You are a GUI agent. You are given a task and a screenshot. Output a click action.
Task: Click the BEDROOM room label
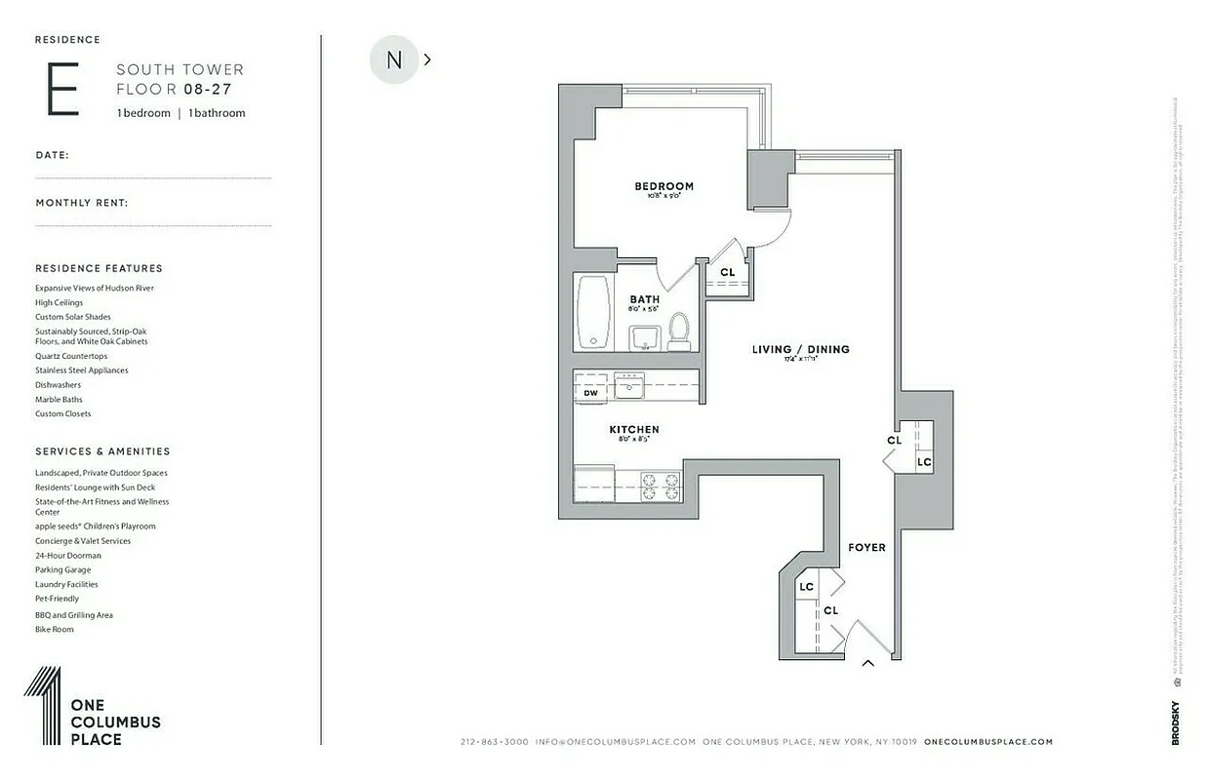coord(664,186)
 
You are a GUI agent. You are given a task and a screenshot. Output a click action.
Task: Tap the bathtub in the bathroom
coord(592,311)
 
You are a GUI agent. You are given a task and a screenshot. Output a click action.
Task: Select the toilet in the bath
coord(679,332)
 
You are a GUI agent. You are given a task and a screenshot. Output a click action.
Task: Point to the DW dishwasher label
coord(590,392)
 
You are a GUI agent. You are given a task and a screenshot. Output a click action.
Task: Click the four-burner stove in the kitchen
coord(660,486)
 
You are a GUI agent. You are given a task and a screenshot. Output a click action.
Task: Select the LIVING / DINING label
coord(800,349)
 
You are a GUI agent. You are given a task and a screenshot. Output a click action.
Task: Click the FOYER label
coord(866,548)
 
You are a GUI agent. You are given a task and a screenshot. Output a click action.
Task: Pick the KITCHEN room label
coord(634,429)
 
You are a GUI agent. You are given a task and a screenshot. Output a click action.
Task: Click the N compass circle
coord(394,59)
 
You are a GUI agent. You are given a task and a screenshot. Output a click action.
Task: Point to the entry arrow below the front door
coord(866,664)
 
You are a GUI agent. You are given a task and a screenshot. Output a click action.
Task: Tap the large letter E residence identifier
coord(62,89)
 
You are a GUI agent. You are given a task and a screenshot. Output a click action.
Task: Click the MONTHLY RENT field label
coord(82,203)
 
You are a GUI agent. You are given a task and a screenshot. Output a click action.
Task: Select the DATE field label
coord(52,155)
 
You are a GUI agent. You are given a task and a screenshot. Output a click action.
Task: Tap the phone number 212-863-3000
coord(494,742)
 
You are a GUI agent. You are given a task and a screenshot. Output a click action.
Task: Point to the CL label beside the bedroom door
coord(727,273)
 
